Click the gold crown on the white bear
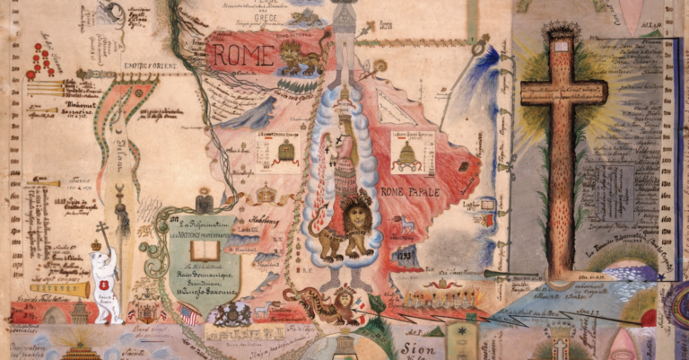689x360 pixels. click(x=97, y=243)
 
